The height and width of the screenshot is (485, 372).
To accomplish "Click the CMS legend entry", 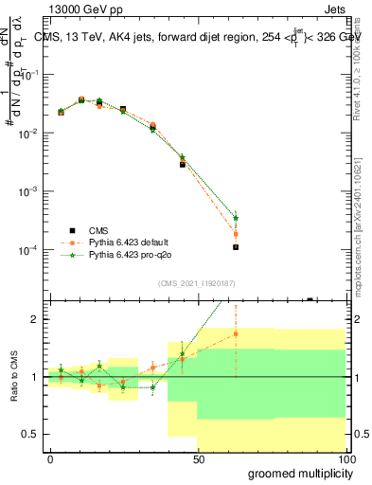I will pos(97,230).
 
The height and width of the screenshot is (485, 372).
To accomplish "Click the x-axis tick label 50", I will pos(198,458).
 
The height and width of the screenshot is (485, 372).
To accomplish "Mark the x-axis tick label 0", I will pos(50,458).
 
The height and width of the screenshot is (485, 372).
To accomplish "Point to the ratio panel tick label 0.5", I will pos(31,434).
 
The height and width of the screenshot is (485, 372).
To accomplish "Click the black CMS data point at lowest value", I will pos(236,246).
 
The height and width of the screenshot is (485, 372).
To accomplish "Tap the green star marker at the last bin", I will pos(236,217).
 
